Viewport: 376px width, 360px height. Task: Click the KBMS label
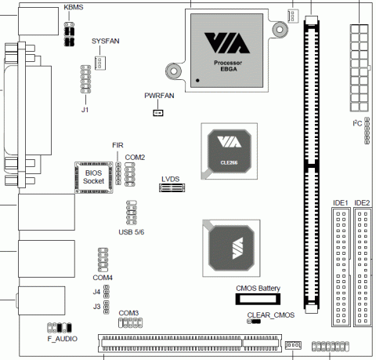tap(74, 7)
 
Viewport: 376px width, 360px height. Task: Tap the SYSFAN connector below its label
tap(100, 63)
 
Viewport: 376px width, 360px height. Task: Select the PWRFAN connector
tap(158, 113)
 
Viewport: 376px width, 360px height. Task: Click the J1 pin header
tap(85, 79)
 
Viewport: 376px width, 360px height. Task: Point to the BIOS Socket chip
tap(94, 177)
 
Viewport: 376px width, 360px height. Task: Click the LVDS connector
tap(172, 187)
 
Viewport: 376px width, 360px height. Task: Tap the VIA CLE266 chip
tap(230, 151)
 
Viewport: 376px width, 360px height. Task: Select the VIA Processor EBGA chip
tap(226, 50)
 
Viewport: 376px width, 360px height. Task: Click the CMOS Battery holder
tap(258, 299)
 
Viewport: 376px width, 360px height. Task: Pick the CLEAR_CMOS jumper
tap(254, 322)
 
